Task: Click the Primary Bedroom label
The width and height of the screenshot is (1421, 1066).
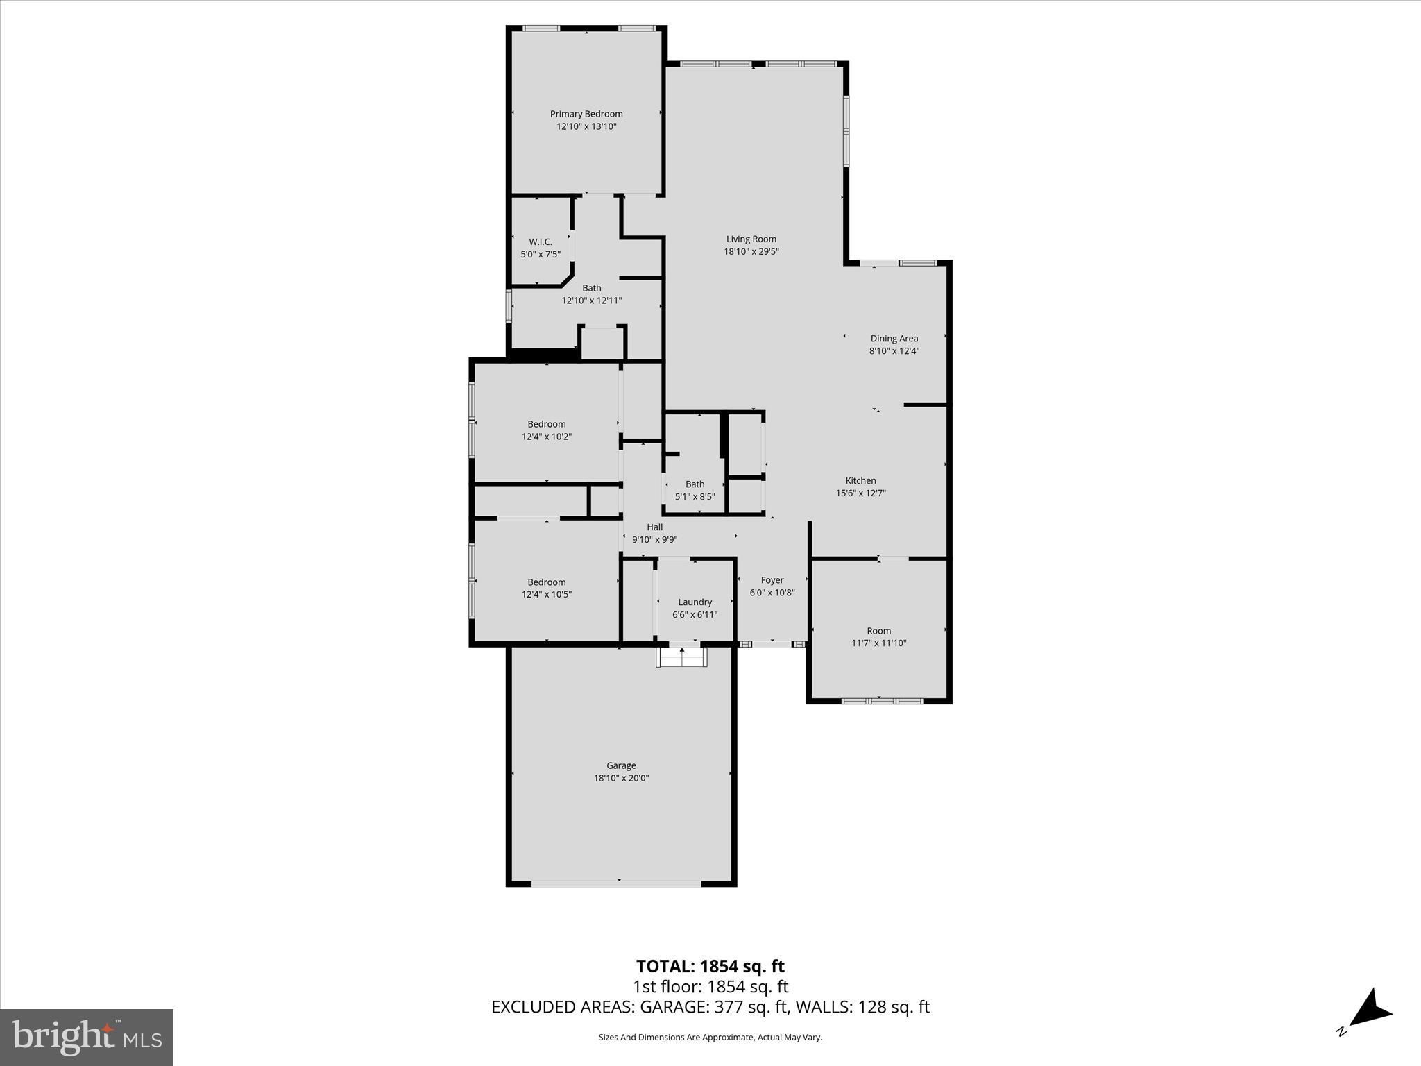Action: click(x=586, y=114)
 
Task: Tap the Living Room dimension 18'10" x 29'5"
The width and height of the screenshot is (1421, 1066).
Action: click(x=751, y=252)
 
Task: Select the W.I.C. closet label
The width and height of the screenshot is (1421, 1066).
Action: click(x=541, y=242)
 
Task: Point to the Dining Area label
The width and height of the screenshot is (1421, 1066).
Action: click(x=894, y=339)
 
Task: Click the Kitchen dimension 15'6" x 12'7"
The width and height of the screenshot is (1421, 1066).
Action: click(x=861, y=493)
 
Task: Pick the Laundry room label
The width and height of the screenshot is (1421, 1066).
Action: click(x=695, y=602)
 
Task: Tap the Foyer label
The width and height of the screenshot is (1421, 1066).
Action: click(x=772, y=580)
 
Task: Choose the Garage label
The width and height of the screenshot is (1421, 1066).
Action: click(x=621, y=765)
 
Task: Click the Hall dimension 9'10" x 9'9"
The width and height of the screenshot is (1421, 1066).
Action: click(x=655, y=540)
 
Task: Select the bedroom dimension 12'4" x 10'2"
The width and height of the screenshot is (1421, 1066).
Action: click(x=547, y=437)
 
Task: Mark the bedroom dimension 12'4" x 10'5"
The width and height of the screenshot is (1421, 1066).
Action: click(x=547, y=594)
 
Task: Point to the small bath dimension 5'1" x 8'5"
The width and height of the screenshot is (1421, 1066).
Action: click(x=695, y=497)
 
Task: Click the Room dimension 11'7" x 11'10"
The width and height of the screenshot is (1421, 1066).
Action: click(x=879, y=643)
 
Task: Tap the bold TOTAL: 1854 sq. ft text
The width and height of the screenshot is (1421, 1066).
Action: click(x=710, y=966)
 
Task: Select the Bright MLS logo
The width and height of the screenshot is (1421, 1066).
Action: click(x=87, y=1038)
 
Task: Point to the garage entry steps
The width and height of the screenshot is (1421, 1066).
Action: click(x=681, y=657)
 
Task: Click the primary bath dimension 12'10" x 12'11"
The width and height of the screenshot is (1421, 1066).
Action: click(x=592, y=301)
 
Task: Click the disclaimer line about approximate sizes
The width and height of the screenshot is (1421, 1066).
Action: click(x=710, y=1038)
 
